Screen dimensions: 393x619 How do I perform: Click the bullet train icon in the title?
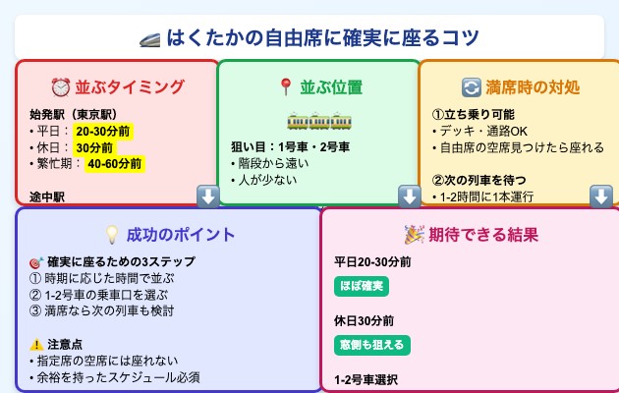[151, 38]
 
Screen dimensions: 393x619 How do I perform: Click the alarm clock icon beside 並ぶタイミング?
[61, 86]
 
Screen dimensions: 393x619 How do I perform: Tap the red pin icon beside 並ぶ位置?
[286, 86]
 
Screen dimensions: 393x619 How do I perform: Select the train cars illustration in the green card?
[318, 122]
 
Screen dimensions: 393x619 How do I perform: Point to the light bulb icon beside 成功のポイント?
[112, 234]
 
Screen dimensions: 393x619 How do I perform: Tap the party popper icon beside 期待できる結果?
[414, 234]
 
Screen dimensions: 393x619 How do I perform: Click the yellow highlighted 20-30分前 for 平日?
[102, 131]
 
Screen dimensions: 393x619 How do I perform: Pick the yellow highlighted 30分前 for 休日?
[94, 147]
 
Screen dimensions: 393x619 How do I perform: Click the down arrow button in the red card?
[207, 196]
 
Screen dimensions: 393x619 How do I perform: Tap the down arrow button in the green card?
[409, 196]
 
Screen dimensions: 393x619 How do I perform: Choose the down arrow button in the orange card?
[601, 196]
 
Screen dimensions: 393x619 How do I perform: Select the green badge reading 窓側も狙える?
[371, 344]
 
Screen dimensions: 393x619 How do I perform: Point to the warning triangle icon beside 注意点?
[36, 344]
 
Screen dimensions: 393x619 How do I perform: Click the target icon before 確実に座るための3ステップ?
[36, 262]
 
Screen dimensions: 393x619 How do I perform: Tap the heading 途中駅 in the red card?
[46, 196]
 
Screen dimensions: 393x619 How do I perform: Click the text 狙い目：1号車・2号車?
[290, 147]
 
